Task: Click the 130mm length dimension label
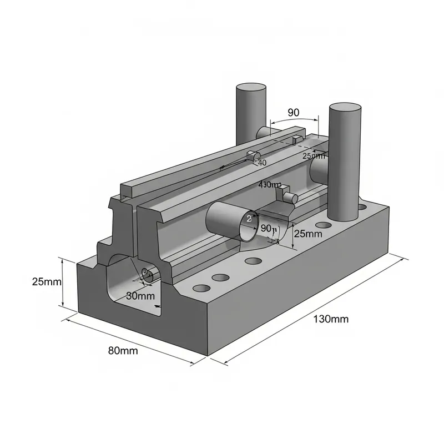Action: (331, 319)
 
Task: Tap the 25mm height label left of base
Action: (47, 281)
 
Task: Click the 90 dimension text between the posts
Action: (294, 112)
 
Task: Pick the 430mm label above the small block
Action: (270, 184)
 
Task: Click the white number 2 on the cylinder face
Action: (249, 219)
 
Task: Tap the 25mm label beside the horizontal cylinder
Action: (307, 234)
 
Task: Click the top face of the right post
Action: (345, 108)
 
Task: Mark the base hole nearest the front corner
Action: (200, 289)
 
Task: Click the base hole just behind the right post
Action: (362, 207)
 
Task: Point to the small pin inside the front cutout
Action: (147, 274)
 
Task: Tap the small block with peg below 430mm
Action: (289, 195)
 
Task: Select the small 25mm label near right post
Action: (314, 156)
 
